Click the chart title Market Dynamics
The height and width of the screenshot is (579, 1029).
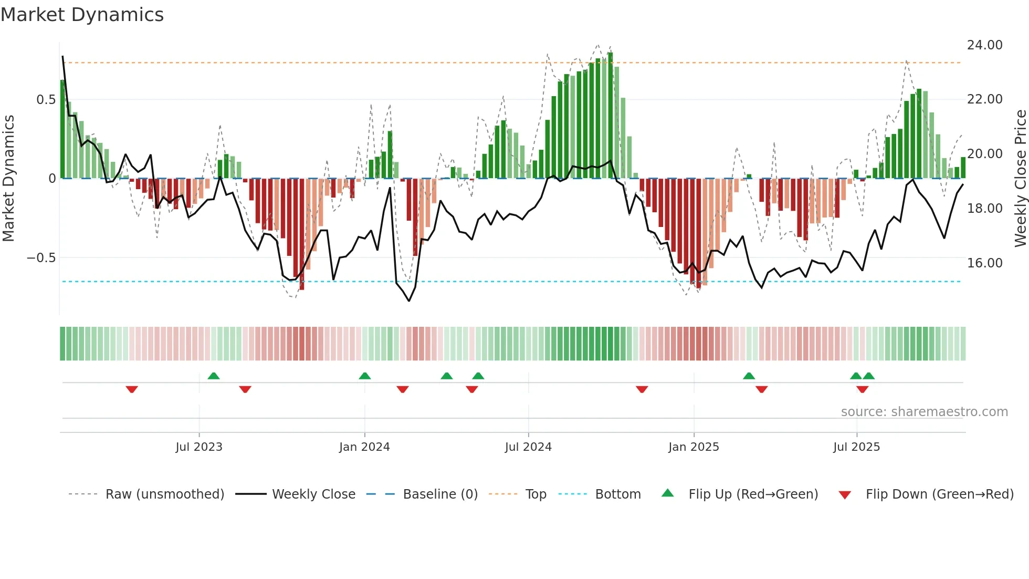coord(82,15)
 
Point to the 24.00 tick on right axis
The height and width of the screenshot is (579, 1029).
coord(984,45)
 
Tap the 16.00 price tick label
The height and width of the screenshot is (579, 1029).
coord(984,263)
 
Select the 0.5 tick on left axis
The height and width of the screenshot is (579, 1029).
coord(46,100)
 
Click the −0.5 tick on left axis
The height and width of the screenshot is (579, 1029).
coord(41,258)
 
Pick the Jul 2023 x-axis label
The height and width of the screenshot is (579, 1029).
coord(199,447)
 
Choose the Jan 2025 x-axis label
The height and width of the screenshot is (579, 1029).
coord(694,447)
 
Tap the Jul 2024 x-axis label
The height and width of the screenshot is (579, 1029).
coord(528,447)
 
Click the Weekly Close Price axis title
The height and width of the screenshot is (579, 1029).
coord(1020,179)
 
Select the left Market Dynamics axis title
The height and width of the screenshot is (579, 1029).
coord(8,179)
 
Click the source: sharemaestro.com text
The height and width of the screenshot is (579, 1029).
coord(924,412)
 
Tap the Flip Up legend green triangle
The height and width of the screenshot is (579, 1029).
coord(667,493)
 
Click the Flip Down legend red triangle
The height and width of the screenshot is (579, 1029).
coord(844,495)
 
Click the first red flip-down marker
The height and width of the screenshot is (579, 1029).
coord(132,389)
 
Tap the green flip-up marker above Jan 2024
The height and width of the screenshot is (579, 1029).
coord(365,376)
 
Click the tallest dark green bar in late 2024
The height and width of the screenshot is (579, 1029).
coord(610,116)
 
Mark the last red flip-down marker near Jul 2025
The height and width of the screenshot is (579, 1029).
coord(862,389)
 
